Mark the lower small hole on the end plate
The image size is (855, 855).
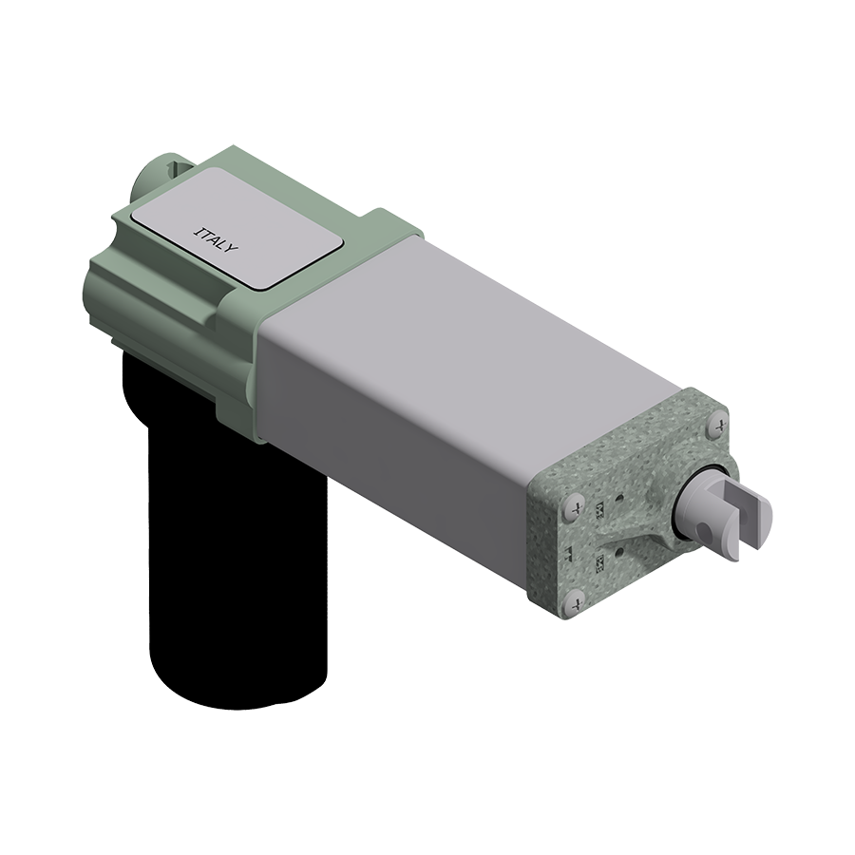click(x=619, y=548)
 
